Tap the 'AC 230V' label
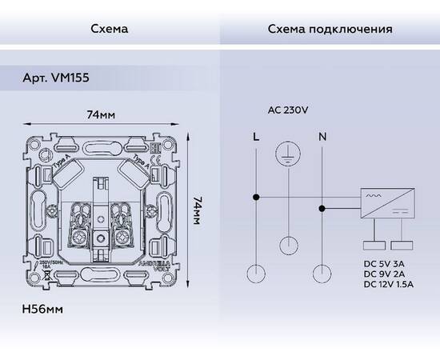pos(286,111)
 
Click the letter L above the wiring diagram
pos(255,137)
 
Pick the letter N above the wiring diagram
pos(322,137)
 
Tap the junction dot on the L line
pos(255,197)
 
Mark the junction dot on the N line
pos(322,210)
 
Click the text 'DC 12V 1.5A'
pos(390,282)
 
